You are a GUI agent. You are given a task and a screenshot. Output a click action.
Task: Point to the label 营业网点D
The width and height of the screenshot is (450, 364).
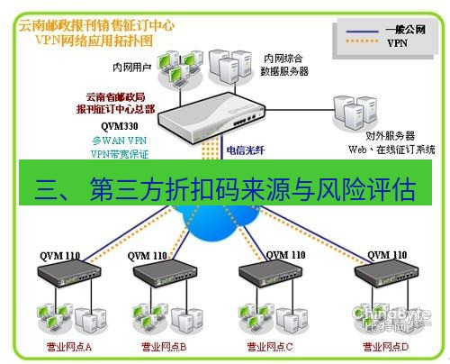tap(384, 345)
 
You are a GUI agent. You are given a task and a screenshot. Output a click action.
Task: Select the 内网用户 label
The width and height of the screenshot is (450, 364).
tap(130, 65)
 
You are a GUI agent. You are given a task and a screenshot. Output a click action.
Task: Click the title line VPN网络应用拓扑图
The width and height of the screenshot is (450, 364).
tap(92, 41)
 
